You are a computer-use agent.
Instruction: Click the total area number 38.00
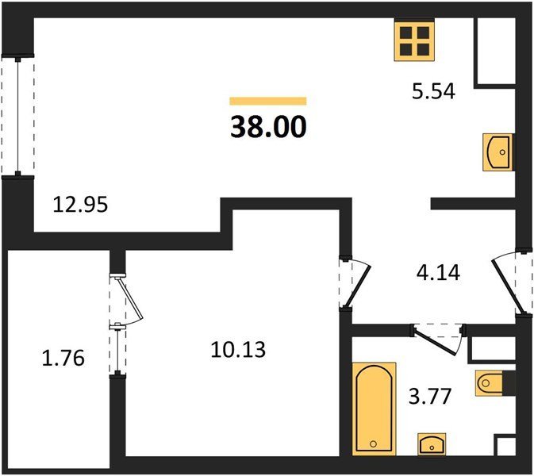pyautogui.click(x=268, y=127)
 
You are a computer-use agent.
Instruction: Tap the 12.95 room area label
pyautogui.click(x=80, y=205)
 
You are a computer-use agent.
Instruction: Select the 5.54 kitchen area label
pyautogui.click(x=433, y=91)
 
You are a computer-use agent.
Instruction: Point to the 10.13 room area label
pyautogui.click(x=238, y=350)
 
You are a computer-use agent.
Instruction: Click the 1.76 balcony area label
pyautogui.click(x=63, y=359)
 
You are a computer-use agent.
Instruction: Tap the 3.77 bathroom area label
pyautogui.click(x=430, y=397)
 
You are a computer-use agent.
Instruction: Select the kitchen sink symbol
pyautogui.click(x=498, y=152)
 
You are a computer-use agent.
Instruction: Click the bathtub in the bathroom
pyautogui.click(x=374, y=409)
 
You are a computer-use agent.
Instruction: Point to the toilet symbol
pyautogui.click(x=490, y=383)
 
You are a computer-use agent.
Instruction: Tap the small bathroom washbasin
pyautogui.click(x=432, y=444)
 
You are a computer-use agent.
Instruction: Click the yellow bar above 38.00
pyautogui.click(x=268, y=101)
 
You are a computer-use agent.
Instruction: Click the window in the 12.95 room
pyautogui.click(x=17, y=117)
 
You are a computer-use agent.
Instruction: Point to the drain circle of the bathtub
pyautogui.click(x=374, y=443)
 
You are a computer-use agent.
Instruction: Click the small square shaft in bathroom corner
pyautogui.click(x=505, y=446)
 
